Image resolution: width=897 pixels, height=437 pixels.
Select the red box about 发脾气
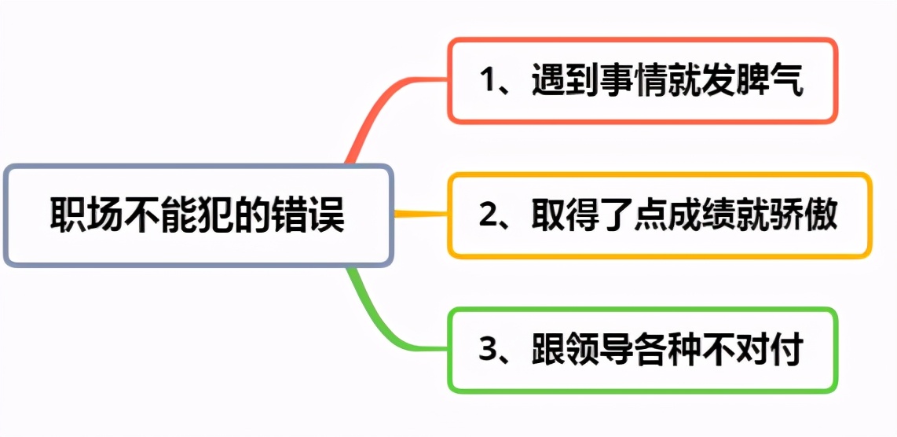click(643, 80)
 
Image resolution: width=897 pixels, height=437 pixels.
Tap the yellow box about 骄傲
click(660, 215)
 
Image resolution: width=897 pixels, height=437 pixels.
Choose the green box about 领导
click(643, 350)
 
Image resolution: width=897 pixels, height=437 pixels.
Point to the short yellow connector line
click(420, 214)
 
